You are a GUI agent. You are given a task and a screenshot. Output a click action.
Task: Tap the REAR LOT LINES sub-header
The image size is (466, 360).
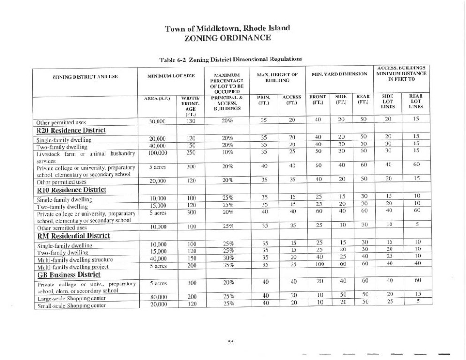[416, 101]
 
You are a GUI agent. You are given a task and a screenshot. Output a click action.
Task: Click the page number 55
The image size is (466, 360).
[231, 342]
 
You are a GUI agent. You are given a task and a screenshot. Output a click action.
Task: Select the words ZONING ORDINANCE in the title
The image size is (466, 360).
[228, 37]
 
